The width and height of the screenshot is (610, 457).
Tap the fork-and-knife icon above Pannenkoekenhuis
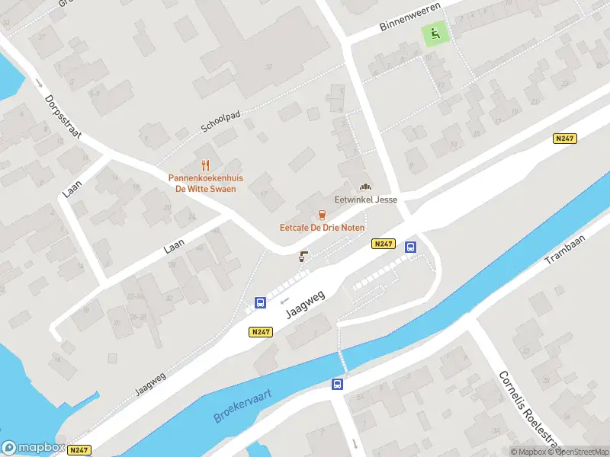pos(205,165)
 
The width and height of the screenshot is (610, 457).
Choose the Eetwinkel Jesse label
pos(365,200)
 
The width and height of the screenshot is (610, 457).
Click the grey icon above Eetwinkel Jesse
pos(365,186)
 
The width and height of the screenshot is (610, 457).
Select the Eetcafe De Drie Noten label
pos(322,228)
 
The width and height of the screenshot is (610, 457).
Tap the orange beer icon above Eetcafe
pos(322,215)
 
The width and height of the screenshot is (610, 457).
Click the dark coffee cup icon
pos(303,256)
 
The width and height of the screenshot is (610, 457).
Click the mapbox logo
pos(32,448)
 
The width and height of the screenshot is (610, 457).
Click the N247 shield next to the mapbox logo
pos(79,450)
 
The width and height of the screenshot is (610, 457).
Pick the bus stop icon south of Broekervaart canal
pos(337,384)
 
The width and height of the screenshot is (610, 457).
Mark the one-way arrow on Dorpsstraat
pos(38,83)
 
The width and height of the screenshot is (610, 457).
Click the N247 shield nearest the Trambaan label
pos(563,139)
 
